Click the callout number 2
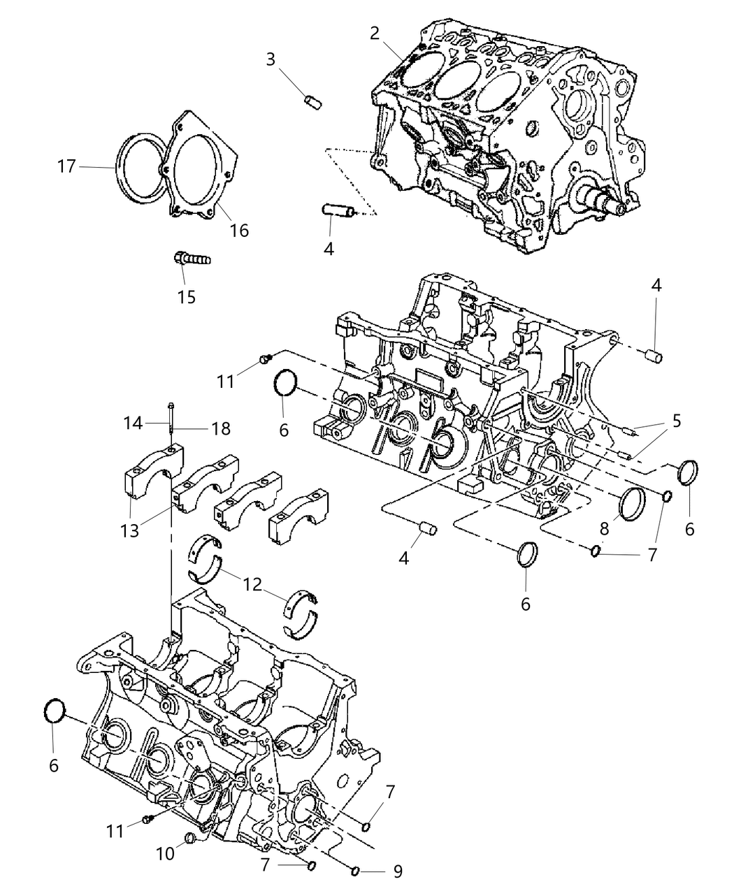(375, 33)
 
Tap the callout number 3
(271, 59)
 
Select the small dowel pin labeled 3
(312, 102)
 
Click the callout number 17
(67, 167)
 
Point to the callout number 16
(239, 230)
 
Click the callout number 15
(186, 297)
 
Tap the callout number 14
(134, 423)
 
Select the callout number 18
(221, 428)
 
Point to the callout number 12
(253, 584)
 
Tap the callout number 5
(676, 421)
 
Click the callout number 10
(165, 854)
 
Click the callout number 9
(397, 871)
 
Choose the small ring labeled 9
(356, 871)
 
